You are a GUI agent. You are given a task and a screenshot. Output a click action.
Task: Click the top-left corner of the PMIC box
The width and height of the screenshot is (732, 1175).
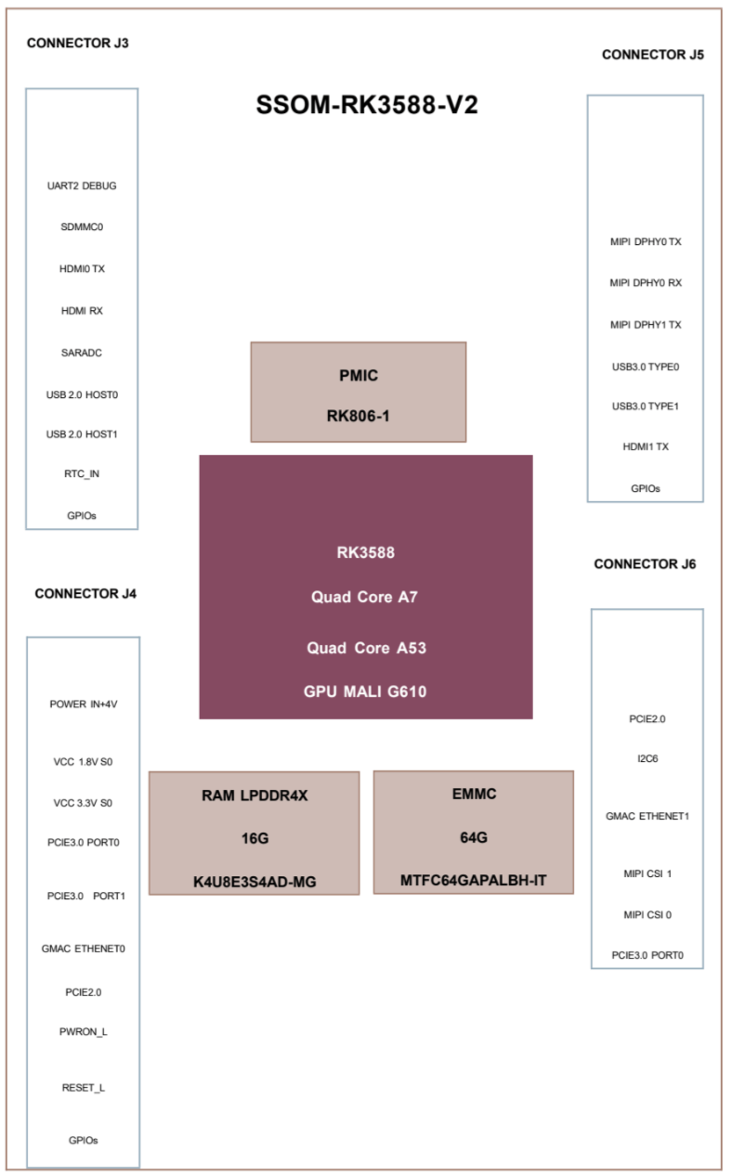(251, 342)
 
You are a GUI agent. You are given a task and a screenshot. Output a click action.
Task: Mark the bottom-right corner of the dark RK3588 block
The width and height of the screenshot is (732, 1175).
(532, 718)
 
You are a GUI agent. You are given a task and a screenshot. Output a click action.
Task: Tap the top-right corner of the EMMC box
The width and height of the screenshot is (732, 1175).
(573, 771)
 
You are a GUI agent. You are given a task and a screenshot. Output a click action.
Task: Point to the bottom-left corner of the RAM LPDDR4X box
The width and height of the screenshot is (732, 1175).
(150, 895)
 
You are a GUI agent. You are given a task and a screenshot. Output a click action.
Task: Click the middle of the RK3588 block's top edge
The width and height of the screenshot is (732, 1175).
(366, 456)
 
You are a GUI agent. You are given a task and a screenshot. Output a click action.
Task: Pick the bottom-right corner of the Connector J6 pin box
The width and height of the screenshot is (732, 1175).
(703, 968)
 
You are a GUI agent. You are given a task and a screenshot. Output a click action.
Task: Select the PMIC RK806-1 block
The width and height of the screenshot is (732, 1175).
(359, 393)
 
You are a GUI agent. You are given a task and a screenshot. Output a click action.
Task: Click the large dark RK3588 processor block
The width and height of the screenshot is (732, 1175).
(366, 587)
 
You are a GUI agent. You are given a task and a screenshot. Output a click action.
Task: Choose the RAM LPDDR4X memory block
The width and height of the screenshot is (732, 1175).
(255, 833)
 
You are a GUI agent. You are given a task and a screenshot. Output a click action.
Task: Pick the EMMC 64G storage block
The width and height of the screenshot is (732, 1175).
(474, 833)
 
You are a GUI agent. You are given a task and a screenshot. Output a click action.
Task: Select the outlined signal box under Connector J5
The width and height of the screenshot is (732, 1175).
(646, 299)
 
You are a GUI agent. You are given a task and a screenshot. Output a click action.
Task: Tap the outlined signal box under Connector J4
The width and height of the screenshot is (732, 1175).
(84, 902)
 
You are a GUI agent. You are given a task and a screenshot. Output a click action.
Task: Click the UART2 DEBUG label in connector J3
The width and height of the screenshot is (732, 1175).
(82, 186)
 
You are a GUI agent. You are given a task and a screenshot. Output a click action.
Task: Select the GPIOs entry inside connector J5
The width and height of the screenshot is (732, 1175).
(646, 488)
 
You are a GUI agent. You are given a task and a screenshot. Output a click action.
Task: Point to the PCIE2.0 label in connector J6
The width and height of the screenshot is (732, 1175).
(647, 718)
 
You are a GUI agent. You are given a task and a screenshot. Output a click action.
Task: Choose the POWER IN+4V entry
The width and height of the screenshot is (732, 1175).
(84, 704)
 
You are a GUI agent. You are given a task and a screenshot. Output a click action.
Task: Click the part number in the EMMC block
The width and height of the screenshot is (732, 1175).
(473, 880)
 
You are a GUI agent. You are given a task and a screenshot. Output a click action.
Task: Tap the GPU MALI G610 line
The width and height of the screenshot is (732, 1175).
(365, 691)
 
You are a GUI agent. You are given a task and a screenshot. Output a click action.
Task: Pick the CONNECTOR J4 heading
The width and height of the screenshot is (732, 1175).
(85, 593)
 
